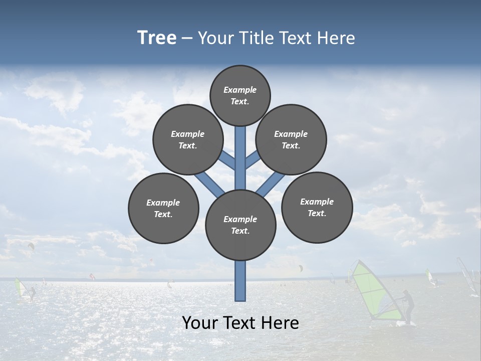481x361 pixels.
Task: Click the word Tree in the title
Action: [157, 38]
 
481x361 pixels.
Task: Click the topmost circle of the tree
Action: [240, 95]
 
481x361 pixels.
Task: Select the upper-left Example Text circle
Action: [188, 139]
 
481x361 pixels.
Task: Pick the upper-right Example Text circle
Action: [291, 139]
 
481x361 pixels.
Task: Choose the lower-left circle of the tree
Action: [163, 208]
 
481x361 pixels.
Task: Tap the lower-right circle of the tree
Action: [317, 207]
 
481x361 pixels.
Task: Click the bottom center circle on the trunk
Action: [241, 225]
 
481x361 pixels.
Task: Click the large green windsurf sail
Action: [373, 291]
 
